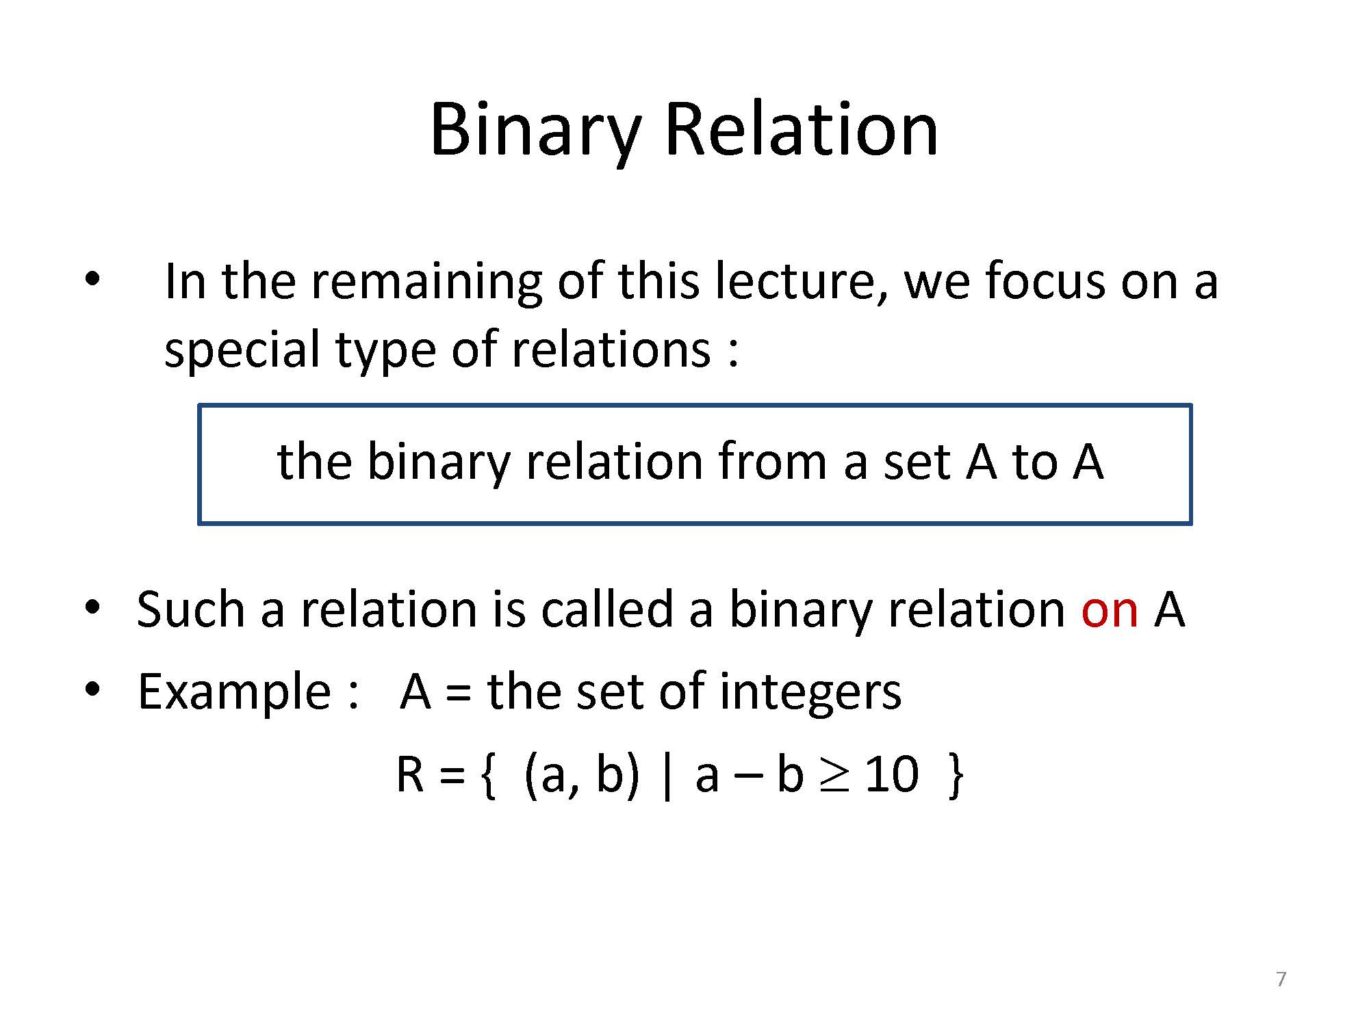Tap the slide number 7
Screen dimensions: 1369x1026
click(x=1281, y=979)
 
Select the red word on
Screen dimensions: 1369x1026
click(x=1110, y=609)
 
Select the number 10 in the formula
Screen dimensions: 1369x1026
click(x=891, y=776)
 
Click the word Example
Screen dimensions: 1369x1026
click(x=234, y=692)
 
